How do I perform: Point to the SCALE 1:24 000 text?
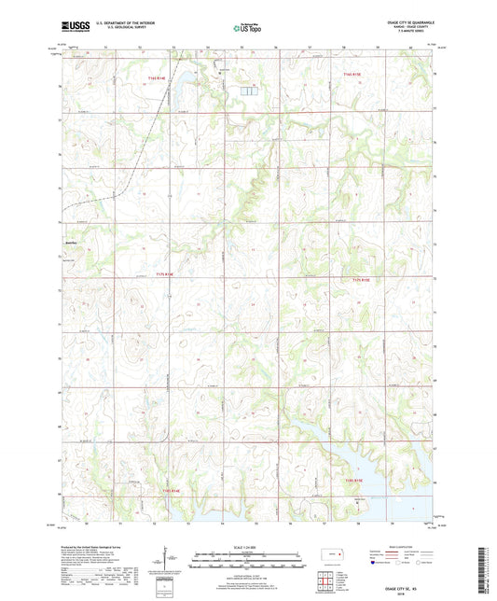[x=247, y=546]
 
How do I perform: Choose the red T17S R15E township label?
[x=362, y=279]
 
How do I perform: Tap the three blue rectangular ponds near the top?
[x=248, y=91]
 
